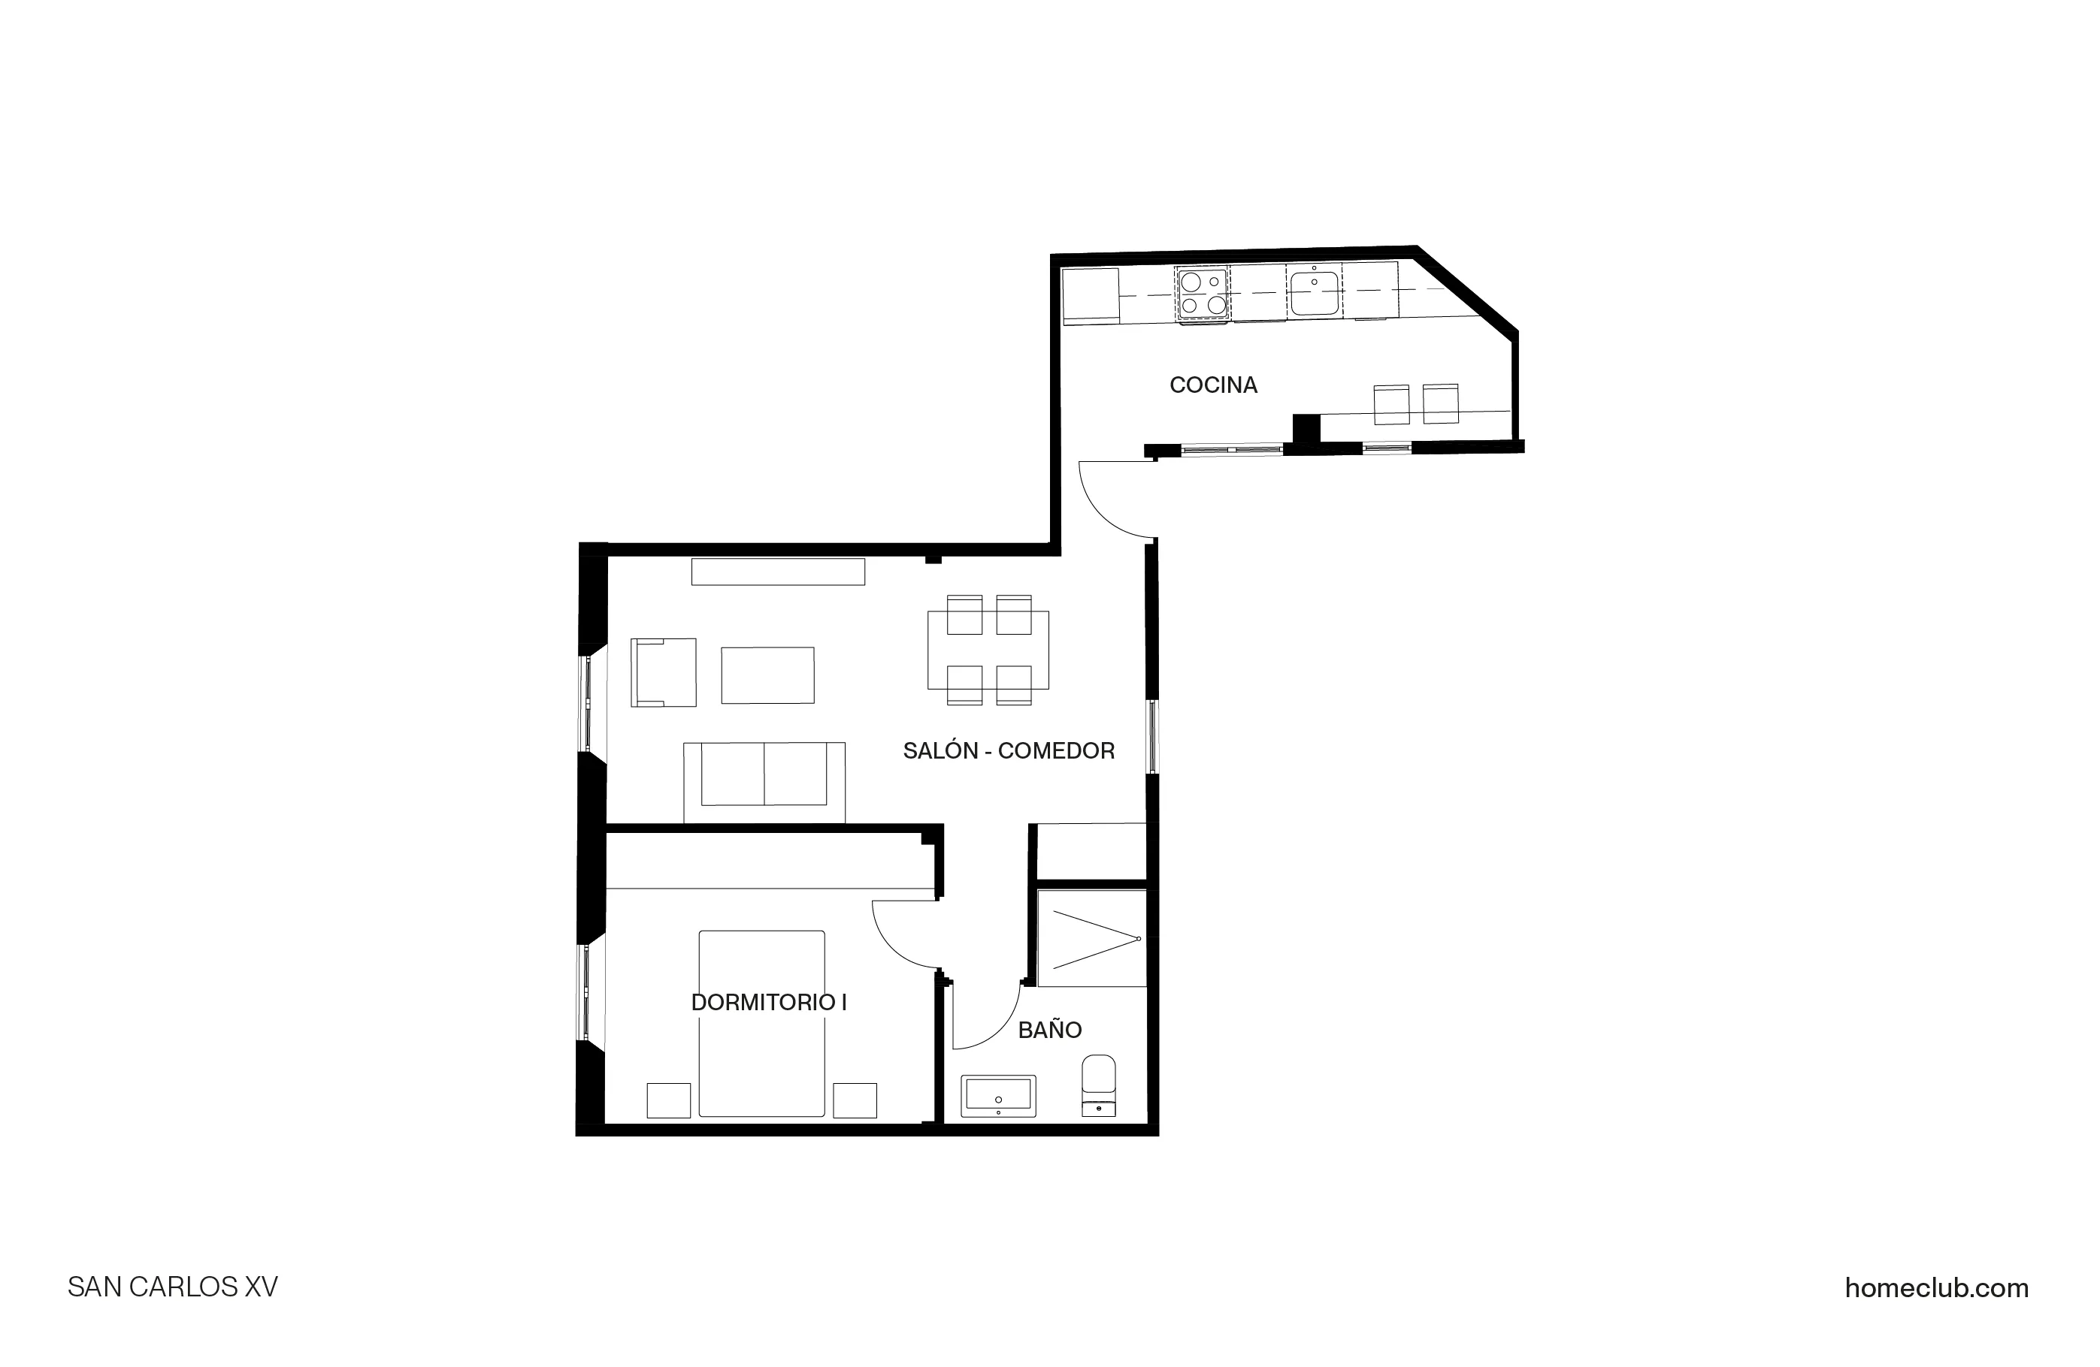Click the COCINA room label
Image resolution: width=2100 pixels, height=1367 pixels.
pyautogui.click(x=1212, y=385)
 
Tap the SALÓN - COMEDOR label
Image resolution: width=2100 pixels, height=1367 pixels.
pyautogui.click(x=1009, y=750)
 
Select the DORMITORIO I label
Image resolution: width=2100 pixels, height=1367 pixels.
pyautogui.click(x=769, y=1002)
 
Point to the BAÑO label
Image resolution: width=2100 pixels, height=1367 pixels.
pyautogui.click(x=1049, y=1030)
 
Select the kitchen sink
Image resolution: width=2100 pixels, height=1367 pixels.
pyautogui.click(x=1314, y=292)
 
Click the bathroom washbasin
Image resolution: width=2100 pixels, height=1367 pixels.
pyautogui.click(x=998, y=1097)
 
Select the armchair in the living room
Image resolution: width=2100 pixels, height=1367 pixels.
pyautogui.click(x=664, y=672)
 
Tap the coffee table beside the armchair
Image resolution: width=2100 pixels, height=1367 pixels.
pyautogui.click(x=767, y=674)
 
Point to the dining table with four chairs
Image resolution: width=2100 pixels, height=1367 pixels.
pyautogui.click(x=988, y=650)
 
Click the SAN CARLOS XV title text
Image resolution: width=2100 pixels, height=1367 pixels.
pyautogui.click(x=173, y=1287)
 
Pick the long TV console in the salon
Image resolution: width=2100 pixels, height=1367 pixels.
pyautogui.click(x=777, y=572)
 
